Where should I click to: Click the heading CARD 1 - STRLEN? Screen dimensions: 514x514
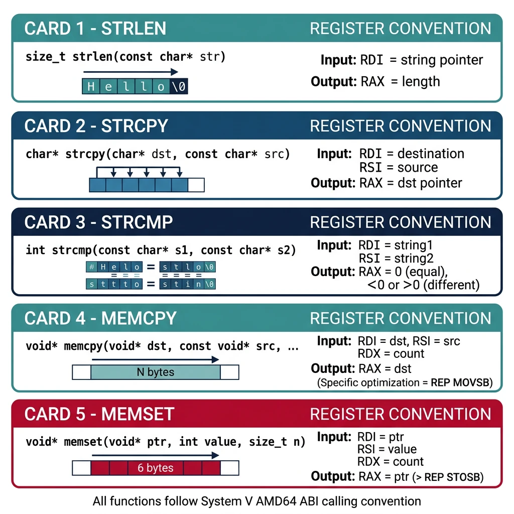point(95,28)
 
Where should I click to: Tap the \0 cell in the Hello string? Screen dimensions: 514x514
point(179,86)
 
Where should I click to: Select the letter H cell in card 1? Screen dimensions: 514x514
point(91,86)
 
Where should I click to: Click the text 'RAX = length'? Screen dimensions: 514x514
point(400,81)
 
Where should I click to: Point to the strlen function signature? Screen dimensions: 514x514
point(125,57)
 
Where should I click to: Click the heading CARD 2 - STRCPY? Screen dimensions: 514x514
point(96,125)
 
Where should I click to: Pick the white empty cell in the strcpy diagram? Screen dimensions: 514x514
point(196,184)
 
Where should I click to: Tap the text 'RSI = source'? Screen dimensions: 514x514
point(399,168)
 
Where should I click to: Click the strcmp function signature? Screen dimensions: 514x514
point(161,249)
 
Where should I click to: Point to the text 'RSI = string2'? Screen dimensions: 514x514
point(395,259)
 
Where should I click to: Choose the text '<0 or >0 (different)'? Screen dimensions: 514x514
point(423,285)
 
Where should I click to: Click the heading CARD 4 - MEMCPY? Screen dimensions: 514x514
point(100,318)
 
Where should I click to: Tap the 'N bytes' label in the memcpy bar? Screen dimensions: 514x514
point(155,372)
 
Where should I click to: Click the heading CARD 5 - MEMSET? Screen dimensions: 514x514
point(99,414)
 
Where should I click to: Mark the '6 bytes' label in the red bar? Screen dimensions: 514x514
point(155,468)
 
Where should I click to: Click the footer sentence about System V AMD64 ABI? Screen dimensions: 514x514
point(256,500)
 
